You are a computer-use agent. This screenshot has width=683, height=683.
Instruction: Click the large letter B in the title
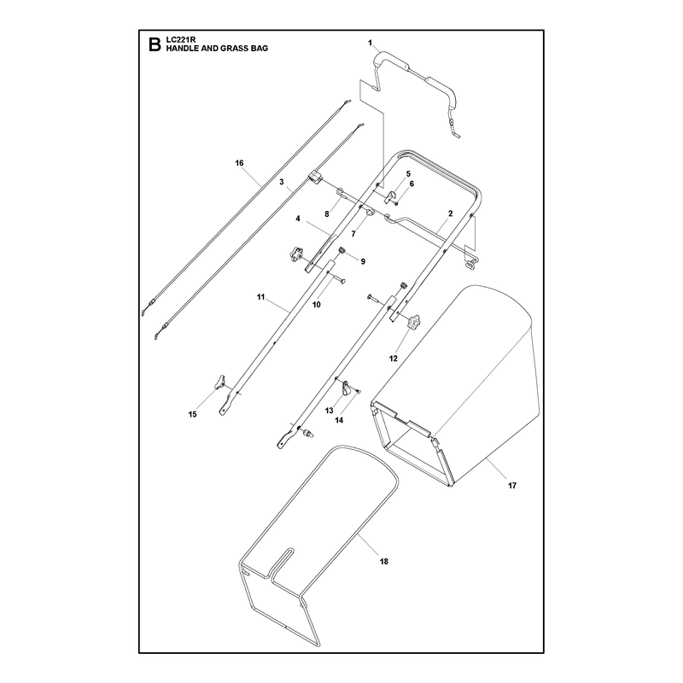click(155, 44)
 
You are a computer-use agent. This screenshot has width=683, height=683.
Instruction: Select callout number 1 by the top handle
click(371, 43)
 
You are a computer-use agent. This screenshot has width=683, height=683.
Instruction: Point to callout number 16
click(239, 163)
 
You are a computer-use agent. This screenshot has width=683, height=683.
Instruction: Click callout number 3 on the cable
click(282, 181)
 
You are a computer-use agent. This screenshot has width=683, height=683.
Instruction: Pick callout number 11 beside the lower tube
click(260, 297)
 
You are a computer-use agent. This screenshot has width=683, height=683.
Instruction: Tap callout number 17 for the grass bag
click(511, 485)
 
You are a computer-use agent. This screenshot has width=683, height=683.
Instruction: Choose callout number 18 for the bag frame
click(383, 562)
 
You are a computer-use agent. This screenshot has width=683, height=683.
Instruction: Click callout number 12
click(394, 359)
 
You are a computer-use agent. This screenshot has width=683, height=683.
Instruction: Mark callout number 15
click(193, 414)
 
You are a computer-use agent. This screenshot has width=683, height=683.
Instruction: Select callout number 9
click(363, 261)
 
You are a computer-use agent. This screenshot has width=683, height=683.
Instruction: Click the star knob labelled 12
click(413, 322)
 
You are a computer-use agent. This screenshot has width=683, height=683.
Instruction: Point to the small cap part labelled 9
click(342, 250)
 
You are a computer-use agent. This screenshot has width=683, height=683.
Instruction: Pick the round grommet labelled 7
click(371, 213)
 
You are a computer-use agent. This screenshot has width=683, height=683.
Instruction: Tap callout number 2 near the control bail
click(451, 213)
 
